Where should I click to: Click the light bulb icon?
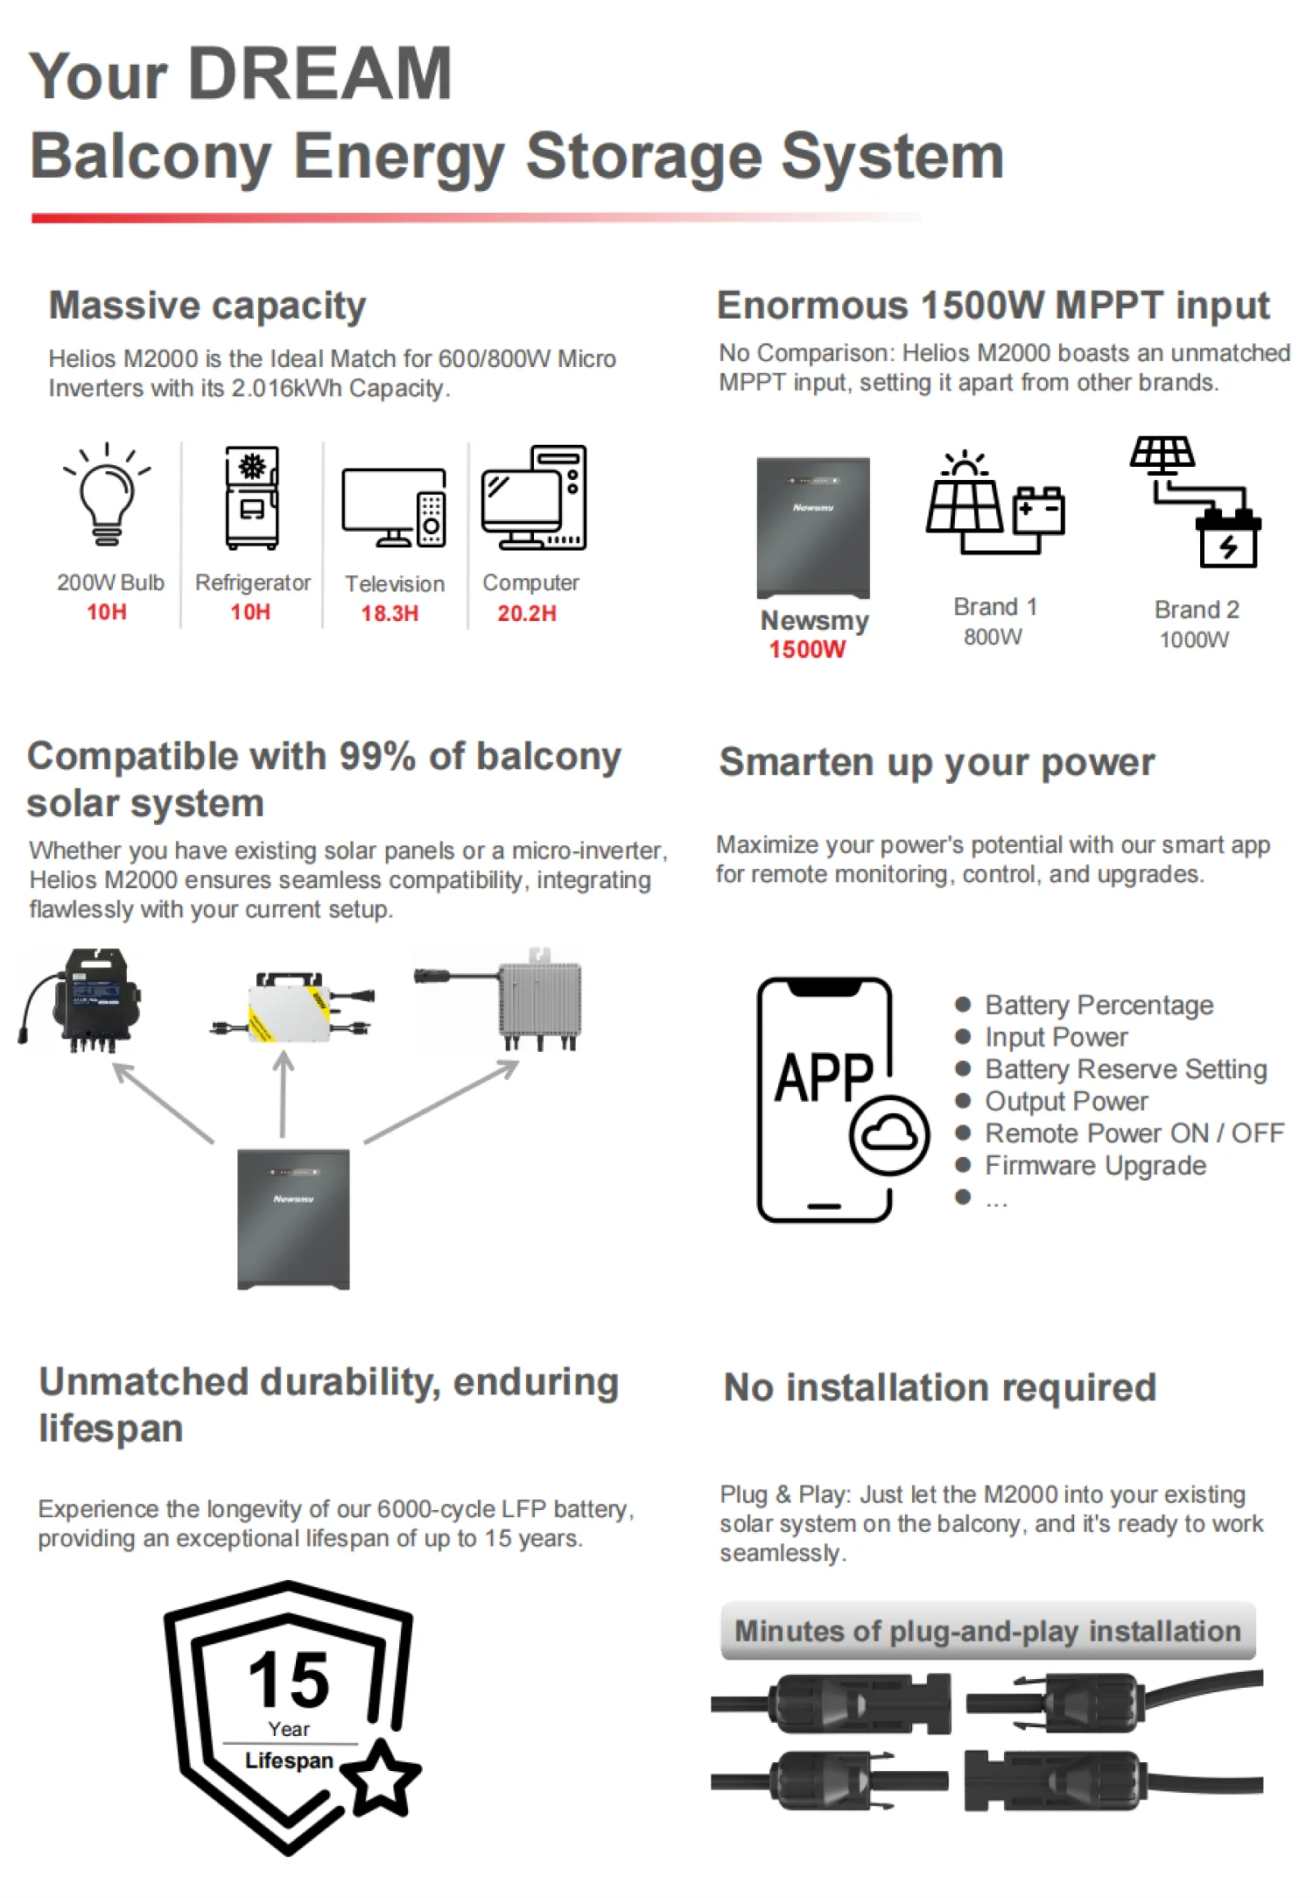[107, 495]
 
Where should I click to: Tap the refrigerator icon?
[252, 497]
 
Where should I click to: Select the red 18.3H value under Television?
[390, 613]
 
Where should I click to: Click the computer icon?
[533, 497]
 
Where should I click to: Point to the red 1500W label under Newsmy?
[807, 649]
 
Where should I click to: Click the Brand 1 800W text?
[994, 621]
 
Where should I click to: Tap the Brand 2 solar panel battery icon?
[1197, 501]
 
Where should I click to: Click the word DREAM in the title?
[320, 74]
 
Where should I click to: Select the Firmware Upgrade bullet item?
[1095, 1166]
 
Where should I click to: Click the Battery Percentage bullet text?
[1099, 1005]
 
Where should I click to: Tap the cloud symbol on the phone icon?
[889, 1135]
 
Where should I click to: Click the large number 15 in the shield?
[289, 1681]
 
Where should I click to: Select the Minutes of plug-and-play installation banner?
[987, 1631]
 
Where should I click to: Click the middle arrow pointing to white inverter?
[283, 1095]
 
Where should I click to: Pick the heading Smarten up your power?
[937, 762]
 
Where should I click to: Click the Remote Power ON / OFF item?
[1134, 1133]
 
